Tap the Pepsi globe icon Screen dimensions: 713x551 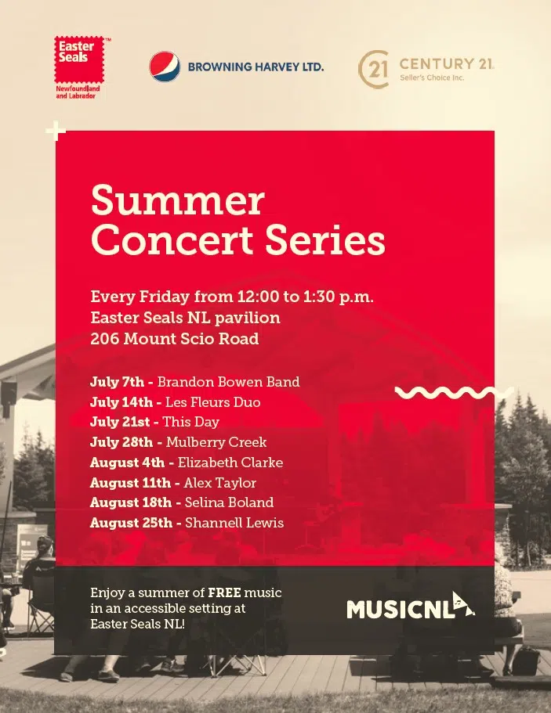click(165, 67)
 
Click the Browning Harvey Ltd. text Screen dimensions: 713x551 click(256, 67)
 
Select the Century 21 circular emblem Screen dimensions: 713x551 click(374, 69)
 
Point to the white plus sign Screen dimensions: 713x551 click(55, 131)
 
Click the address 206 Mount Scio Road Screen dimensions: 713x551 click(174, 339)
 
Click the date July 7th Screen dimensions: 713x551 click(117, 382)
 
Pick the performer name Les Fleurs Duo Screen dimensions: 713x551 click(212, 402)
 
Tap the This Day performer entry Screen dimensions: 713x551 click(190, 422)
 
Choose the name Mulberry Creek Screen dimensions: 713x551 click(216, 442)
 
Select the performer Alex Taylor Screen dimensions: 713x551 click(219, 483)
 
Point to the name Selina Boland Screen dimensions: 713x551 click(229, 502)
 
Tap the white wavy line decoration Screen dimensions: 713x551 click(454, 392)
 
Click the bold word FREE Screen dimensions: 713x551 click(226, 592)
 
